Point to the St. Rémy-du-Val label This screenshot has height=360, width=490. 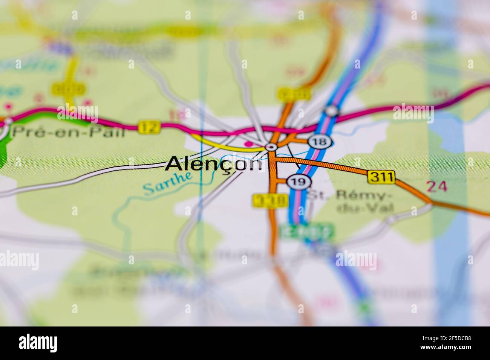click(x=348, y=202)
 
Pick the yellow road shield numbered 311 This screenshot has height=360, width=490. click(x=381, y=176)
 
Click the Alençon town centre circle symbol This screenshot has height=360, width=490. click(x=271, y=147)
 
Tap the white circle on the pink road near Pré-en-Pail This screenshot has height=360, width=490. click(x=8, y=121)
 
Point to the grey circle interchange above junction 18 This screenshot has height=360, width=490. click(x=332, y=111)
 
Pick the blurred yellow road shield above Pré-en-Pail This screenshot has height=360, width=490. click(x=69, y=89)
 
